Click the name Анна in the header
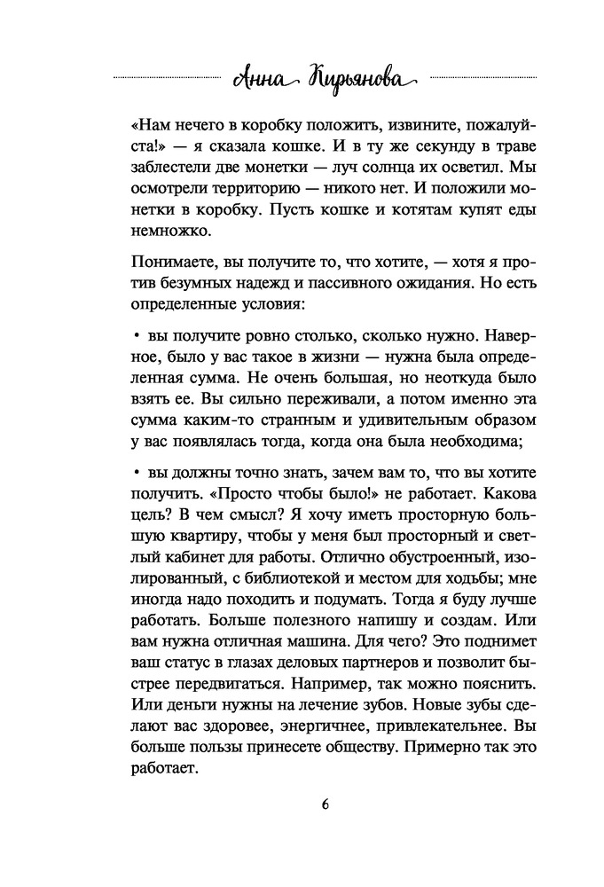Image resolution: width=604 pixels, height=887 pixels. pos(256,78)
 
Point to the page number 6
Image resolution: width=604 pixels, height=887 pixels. pos(302,805)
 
